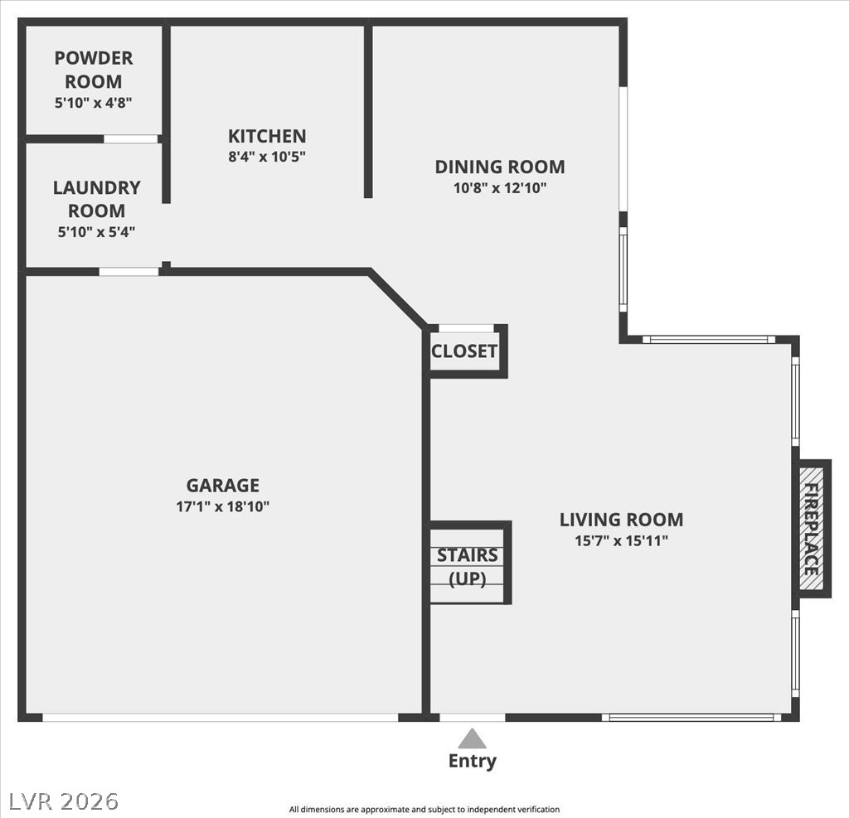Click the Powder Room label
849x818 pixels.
[x=93, y=70]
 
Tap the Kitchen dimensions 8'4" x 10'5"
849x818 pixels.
[x=267, y=156]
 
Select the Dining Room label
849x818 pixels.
[x=499, y=167]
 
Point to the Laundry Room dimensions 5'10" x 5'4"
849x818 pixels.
[x=96, y=232]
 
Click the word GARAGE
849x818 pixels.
[x=222, y=486]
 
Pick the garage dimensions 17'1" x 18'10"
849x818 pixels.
[x=222, y=506]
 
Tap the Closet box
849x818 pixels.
[x=464, y=351]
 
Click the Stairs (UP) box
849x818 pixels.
[x=468, y=565]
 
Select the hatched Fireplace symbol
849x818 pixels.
[x=812, y=528]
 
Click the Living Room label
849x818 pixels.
[x=621, y=520]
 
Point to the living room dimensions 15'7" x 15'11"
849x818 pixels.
[x=621, y=541]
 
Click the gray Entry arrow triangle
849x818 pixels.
[x=472, y=738]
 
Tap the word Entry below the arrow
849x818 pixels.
[x=472, y=761]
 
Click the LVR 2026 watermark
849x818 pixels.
[x=64, y=801]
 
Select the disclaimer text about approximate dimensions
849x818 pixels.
[x=424, y=809]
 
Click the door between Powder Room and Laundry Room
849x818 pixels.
[x=130, y=138]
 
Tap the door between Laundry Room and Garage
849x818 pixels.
[x=129, y=271]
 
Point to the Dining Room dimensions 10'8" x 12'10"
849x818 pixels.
[x=499, y=187]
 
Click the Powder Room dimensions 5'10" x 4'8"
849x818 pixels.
[x=93, y=103]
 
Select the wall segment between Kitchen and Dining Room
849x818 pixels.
[x=368, y=112]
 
